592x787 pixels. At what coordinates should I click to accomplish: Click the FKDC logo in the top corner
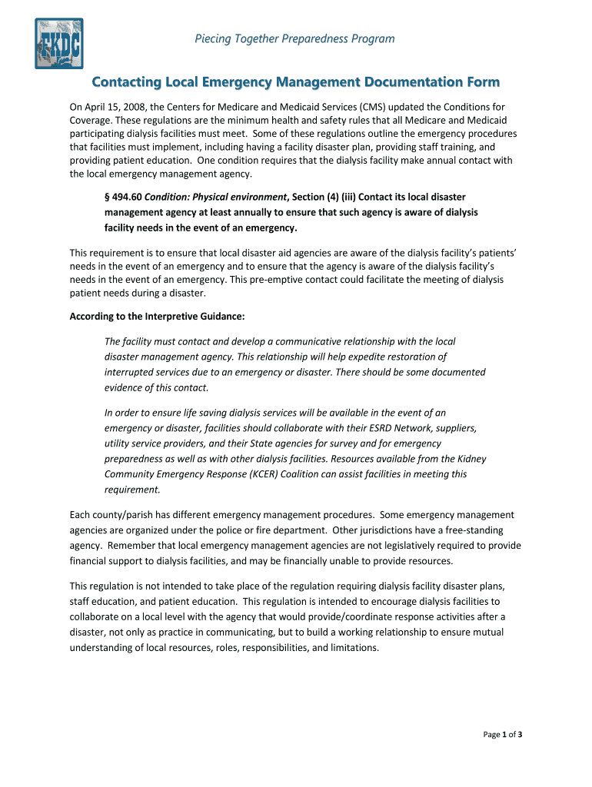pos(58,44)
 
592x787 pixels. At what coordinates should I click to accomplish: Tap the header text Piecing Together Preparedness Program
pos(294,38)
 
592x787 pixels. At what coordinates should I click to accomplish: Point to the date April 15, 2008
pos(114,107)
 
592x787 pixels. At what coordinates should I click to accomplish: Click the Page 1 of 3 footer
pos(503,735)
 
